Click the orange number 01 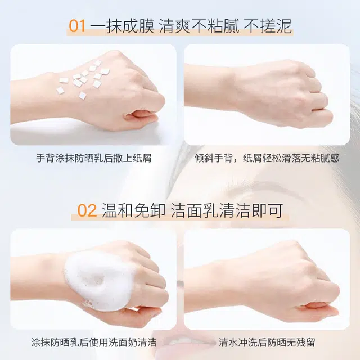pyautogui.click(x=77, y=26)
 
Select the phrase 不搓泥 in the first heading pyautogui.click(x=268, y=26)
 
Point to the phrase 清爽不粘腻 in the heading pyautogui.click(x=199, y=26)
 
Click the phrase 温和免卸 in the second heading pyautogui.click(x=134, y=210)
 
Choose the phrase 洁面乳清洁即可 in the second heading pyautogui.click(x=227, y=210)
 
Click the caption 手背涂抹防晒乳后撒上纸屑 pyautogui.click(x=94, y=158)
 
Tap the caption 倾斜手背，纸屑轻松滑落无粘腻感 pyautogui.click(x=267, y=158)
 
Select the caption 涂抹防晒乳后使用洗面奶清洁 pyautogui.click(x=94, y=343)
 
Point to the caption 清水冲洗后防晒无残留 pyautogui.click(x=267, y=343)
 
